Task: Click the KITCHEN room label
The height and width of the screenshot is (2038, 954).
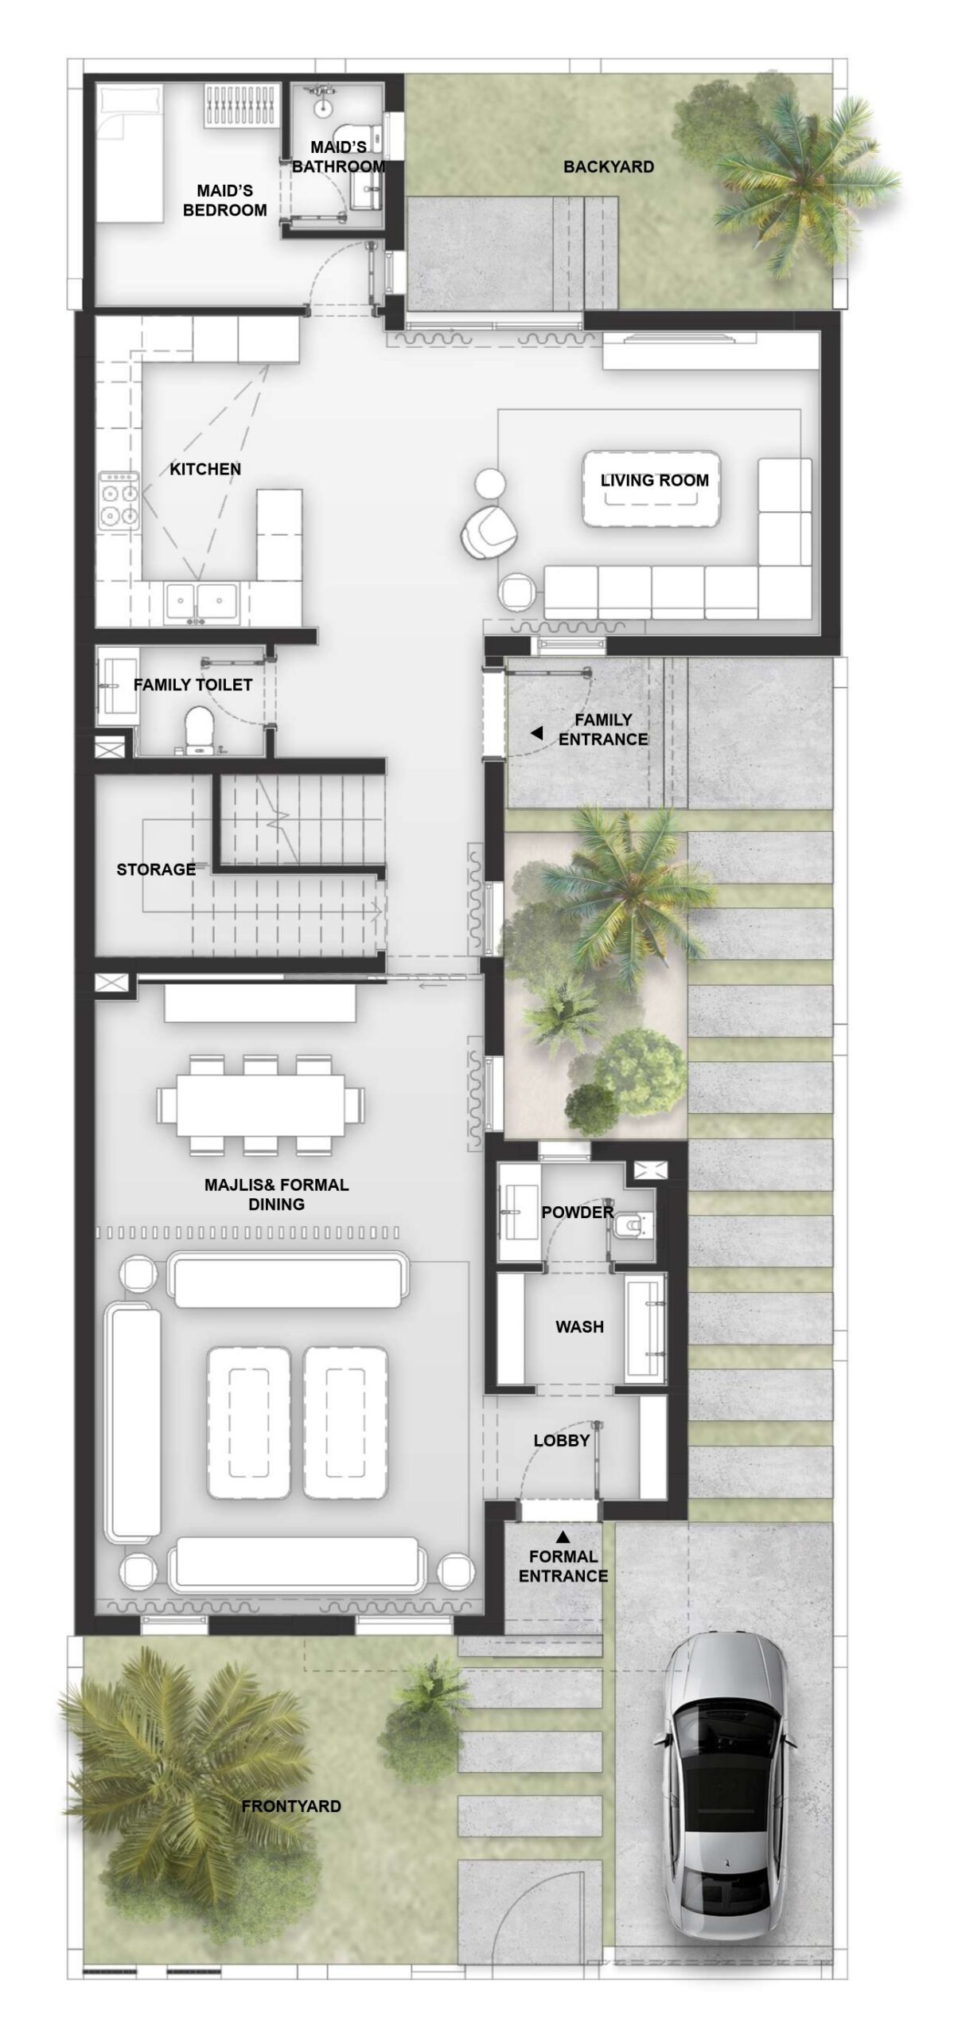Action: point(205,469)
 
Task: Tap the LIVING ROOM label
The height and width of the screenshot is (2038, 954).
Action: point(654,480)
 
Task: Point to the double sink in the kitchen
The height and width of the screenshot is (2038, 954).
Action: point(201,601)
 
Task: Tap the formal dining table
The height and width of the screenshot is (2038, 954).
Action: point(260,1105)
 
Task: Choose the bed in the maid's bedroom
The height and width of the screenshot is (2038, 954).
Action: point(132,154)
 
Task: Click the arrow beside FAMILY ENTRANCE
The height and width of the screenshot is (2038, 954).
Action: point(537,732)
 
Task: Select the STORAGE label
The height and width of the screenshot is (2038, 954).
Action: point(156,869)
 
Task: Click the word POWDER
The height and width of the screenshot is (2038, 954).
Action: point(578,1212)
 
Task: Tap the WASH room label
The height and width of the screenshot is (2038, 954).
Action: point(579,1326)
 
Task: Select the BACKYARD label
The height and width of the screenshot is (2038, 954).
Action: point(609,166)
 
